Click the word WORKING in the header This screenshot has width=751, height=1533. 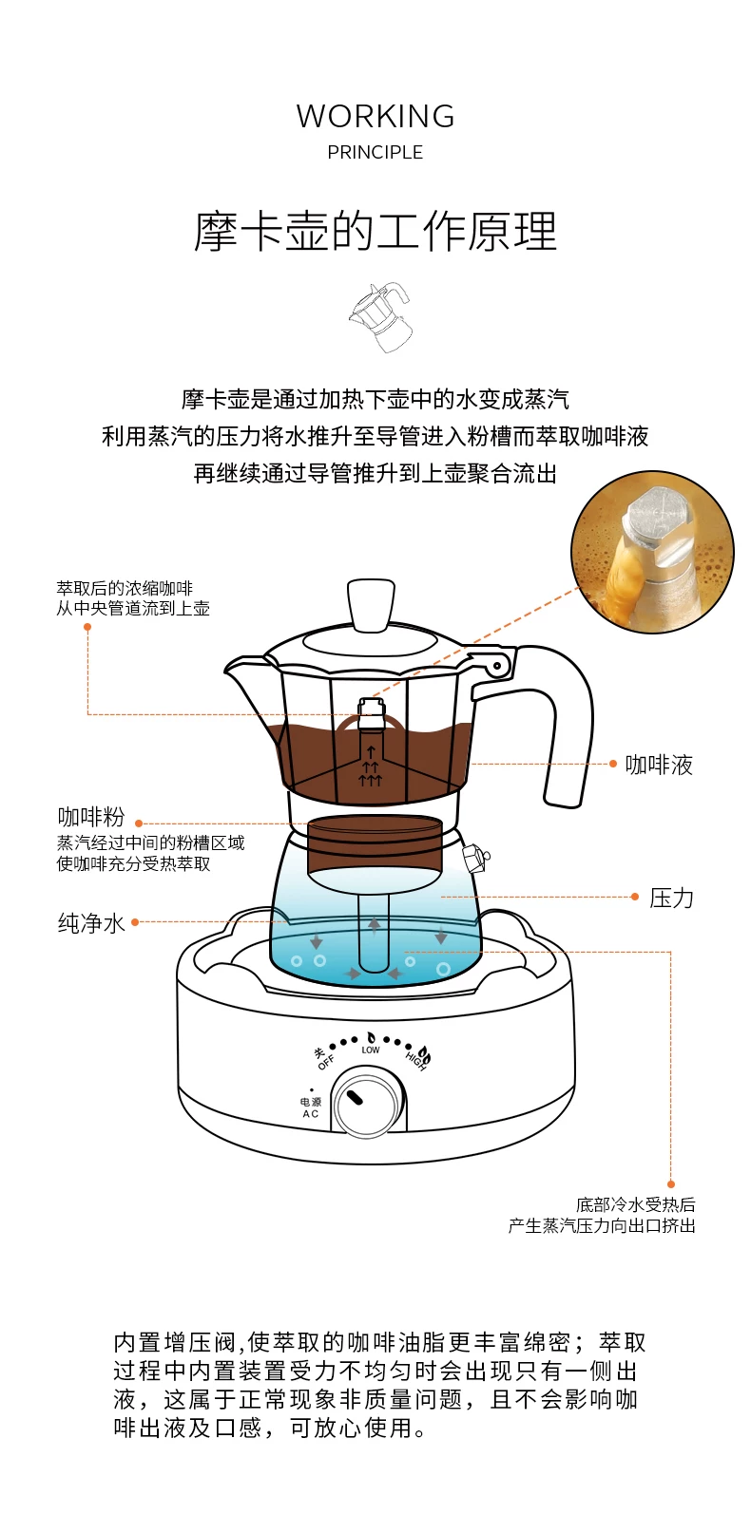375,116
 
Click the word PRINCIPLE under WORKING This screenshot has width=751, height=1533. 375,152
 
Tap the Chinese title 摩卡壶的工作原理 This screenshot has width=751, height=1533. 375,232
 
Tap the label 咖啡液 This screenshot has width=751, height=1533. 659,765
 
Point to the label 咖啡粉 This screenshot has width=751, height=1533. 91,817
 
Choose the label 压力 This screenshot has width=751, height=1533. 671,898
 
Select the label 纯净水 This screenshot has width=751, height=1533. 91,923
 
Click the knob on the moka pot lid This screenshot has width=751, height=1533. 370,602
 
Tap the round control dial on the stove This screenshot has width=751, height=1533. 367,1103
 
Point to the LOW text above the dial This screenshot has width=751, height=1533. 371,1050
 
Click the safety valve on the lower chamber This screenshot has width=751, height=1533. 475,857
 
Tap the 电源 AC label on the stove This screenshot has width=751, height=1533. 311,1107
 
